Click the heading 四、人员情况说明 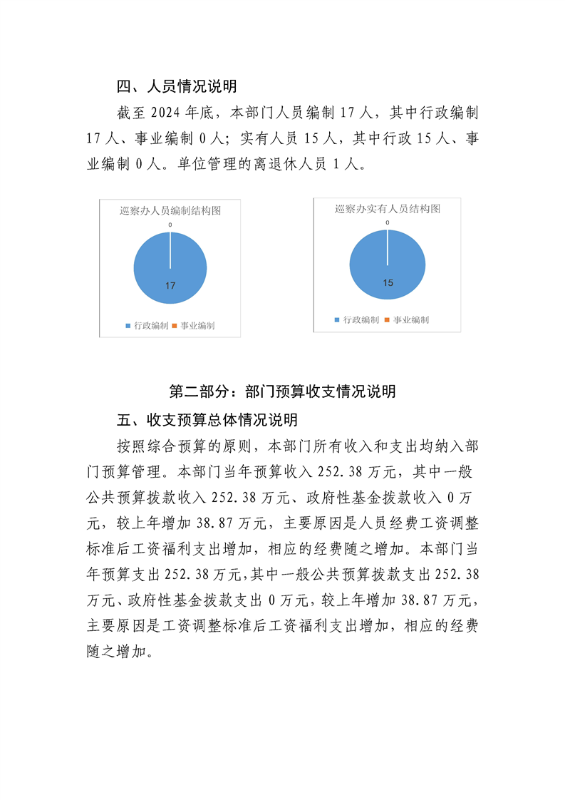(177, 87)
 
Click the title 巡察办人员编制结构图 (170, 210)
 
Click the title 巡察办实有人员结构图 (387, 209)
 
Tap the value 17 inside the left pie (170, 286)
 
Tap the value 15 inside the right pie (388, 283)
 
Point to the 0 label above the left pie (170, 225)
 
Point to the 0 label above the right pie (388, 222)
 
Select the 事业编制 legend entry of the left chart (193, 326)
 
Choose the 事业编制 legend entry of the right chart (408, 320)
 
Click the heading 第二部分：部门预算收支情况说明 (282, 391)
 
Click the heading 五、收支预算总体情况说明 (207, 419)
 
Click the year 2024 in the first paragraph (164, 113)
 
